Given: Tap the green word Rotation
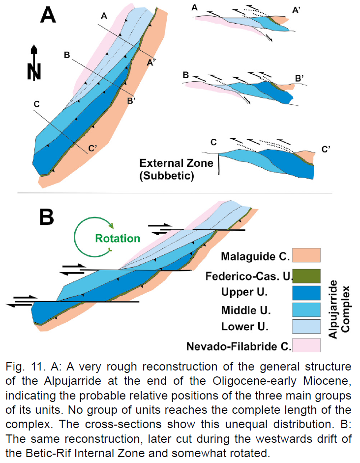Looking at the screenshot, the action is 118,238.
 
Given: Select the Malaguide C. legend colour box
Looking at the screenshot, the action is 306,255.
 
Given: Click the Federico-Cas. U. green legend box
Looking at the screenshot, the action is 306,276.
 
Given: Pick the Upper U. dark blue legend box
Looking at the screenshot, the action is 306,293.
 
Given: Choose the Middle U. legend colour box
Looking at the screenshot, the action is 306,310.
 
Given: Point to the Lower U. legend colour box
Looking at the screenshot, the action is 306,327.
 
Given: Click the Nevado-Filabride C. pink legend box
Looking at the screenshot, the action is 306,345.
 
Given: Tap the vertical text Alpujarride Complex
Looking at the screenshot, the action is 339,309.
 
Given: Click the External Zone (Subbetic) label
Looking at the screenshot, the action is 176,169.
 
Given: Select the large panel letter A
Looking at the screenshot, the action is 48,15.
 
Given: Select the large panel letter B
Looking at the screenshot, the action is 47,217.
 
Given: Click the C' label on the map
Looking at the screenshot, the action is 92,148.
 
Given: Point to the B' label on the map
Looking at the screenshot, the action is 131,101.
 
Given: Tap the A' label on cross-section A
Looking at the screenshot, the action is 296,10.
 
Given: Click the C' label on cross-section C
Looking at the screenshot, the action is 326,150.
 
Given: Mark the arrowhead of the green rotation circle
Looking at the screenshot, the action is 112,225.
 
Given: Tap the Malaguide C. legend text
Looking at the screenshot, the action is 256,256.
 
